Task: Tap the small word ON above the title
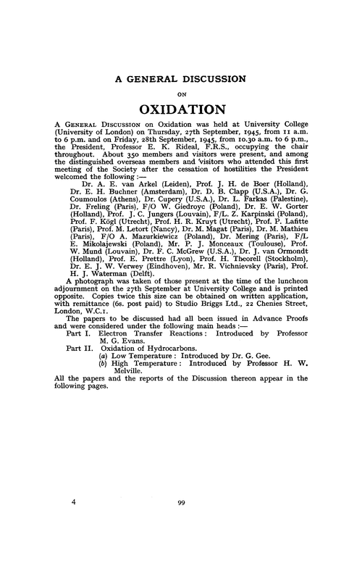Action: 180,93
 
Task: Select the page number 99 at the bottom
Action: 180,540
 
